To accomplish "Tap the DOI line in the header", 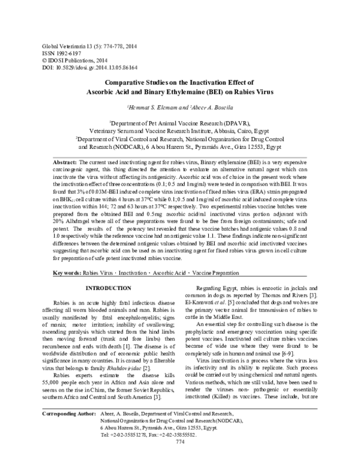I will [x=79, y=68].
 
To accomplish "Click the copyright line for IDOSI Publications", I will [x=67, y=61].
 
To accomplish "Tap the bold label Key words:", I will [x=63, y=272].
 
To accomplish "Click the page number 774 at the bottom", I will [x=179, y=459].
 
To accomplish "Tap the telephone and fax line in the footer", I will [x=147, y=450].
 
